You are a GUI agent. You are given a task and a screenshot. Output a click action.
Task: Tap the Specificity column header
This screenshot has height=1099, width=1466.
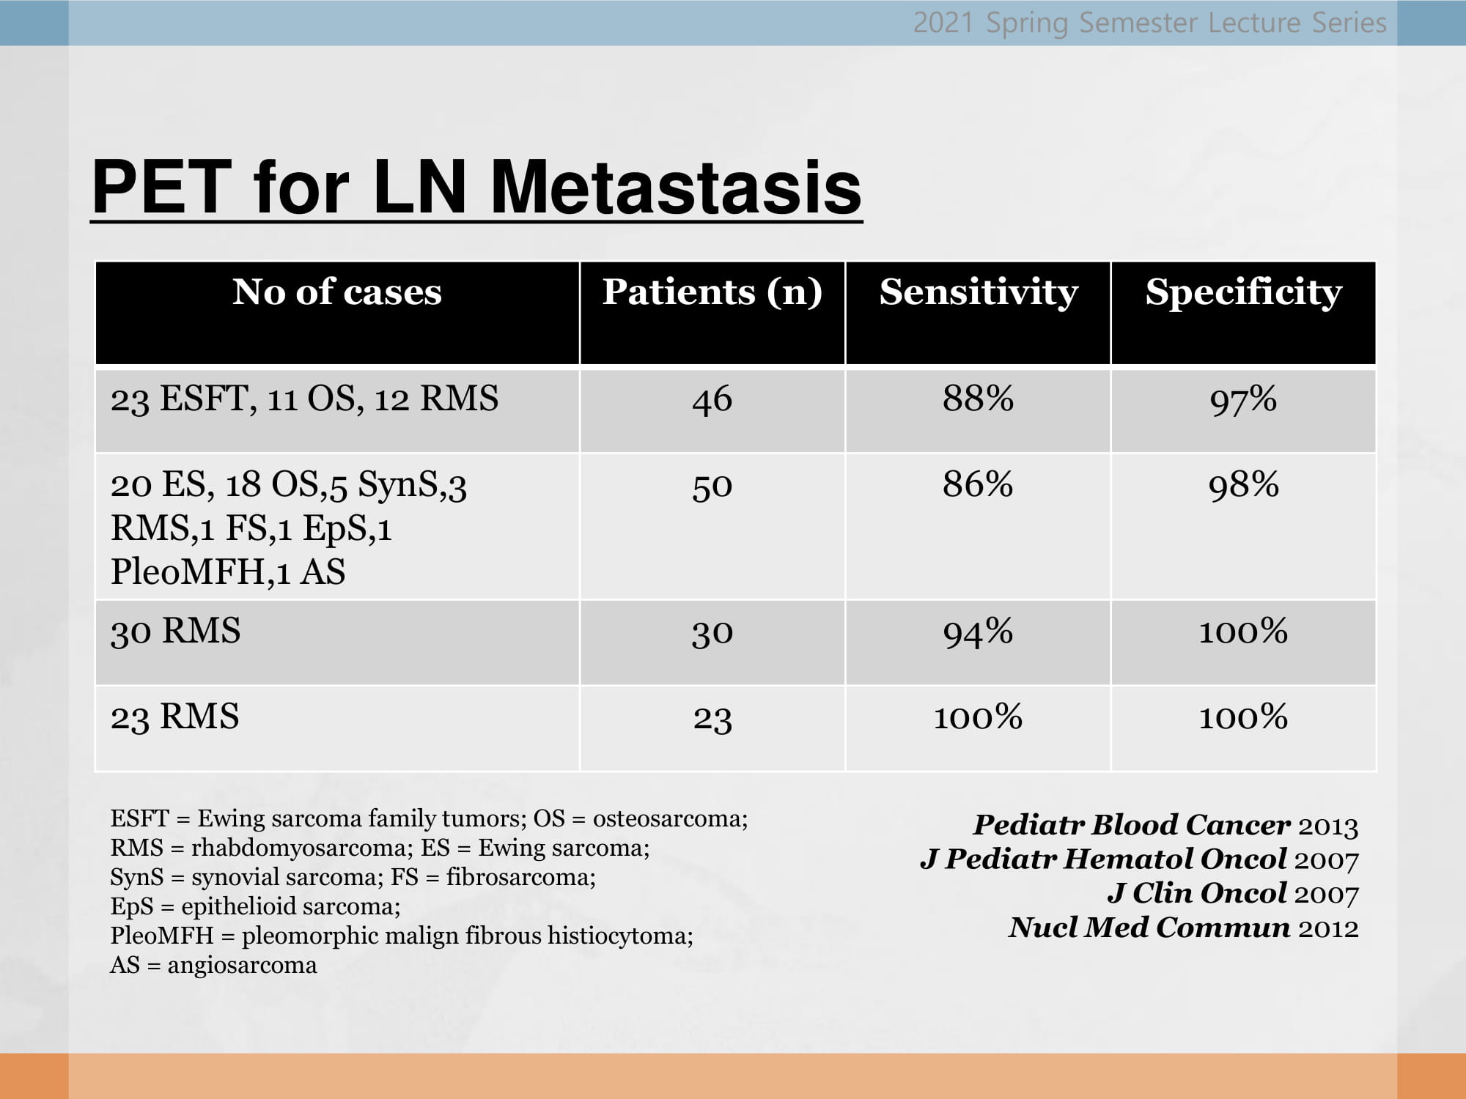coord(1244,292)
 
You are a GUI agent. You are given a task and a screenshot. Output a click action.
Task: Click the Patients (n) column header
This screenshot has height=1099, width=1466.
coord(712,292)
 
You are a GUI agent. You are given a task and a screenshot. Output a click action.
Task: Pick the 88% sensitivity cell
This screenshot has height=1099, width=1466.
coord(978,399)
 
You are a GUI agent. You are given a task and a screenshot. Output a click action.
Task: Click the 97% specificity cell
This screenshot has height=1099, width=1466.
coord(1243,400)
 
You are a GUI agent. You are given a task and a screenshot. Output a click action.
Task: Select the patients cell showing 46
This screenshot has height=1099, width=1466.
coord(712,400)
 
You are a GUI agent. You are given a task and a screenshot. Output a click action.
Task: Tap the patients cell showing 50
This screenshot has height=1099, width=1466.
coord(712,486)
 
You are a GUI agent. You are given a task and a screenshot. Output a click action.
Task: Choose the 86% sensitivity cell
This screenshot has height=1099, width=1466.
coord(978,484)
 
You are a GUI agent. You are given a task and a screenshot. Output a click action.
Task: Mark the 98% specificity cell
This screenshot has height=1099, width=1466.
coord(1243,485)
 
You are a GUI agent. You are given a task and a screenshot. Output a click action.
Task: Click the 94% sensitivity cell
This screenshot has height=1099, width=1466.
coord(978,632)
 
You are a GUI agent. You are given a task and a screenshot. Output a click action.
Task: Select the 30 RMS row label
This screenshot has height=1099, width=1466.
coord(175,631)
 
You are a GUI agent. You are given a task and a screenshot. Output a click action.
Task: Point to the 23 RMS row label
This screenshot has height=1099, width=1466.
coord(174,717)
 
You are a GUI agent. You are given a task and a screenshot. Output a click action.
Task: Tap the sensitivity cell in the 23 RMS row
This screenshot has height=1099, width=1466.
coord(978,717)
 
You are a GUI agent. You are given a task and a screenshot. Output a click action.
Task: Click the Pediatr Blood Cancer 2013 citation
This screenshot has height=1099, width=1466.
coord(1165,826)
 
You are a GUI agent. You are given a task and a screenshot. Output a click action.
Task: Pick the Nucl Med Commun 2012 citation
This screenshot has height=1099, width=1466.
coord(1183,928)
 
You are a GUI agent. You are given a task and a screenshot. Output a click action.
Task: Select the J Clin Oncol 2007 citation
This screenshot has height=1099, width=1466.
coord(1233,894)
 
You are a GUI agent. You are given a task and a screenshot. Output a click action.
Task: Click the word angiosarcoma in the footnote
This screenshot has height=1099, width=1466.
coord(242,966)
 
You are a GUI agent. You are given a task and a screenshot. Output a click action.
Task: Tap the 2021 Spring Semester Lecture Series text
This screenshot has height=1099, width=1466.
coord(1149,23)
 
